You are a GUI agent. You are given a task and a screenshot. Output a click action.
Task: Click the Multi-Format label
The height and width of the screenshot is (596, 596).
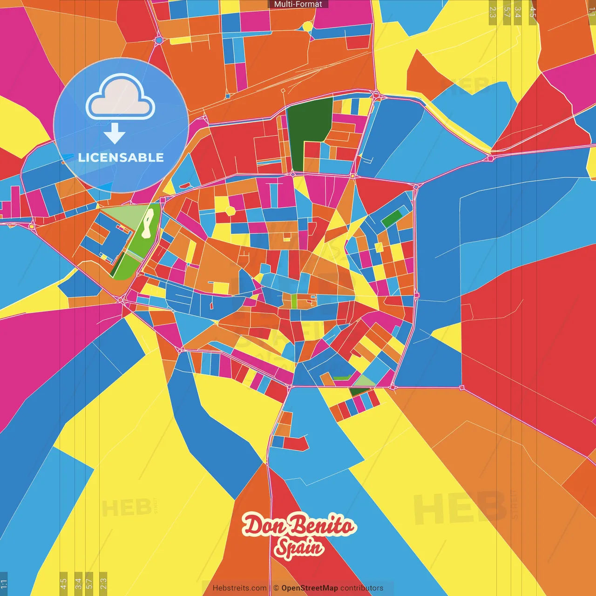pyautogui.click(x=298, y=4)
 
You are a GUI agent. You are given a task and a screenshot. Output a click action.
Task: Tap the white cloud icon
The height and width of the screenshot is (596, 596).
pyautogui.click(x=120, y=100)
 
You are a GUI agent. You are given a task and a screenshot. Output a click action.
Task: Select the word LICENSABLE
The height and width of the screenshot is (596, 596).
pyautogui.click(x=121, y=157)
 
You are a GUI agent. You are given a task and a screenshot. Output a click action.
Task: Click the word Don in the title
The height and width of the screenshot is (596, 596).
pyautogui.click(x=261, y=526)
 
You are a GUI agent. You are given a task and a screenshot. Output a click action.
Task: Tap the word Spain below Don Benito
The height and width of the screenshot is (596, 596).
pyautogui.click(x=298, y=548)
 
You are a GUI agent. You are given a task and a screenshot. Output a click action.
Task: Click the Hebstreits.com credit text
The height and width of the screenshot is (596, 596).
pyautogui.click(x=239, y=588)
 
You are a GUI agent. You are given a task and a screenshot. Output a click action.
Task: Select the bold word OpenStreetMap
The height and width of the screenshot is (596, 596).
pyautogui.click(x=310, y=588)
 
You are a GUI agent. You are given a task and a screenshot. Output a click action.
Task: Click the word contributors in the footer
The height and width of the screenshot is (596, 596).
pyautogui.click(x=362, y=588)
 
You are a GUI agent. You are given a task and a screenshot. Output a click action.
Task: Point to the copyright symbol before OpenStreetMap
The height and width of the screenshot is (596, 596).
pyautogui.click(x=276, y=588)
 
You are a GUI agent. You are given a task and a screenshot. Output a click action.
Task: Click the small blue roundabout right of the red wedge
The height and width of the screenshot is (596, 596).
pyautogui.click(x=159, y=40)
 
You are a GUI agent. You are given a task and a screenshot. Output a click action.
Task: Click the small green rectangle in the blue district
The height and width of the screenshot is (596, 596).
pyautogui.click(x=392, y=218)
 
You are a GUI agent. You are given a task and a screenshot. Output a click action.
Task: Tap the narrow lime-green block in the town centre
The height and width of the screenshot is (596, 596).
pyautogui.click(x=294, y=301)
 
